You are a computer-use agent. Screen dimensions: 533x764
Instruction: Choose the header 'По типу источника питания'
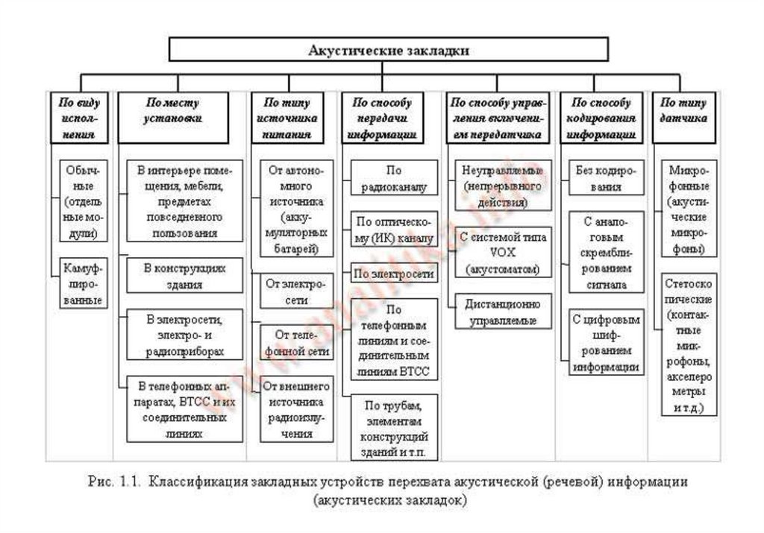click(x=287, y=118)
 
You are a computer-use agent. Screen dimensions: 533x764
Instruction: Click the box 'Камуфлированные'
click(x=82, y=283)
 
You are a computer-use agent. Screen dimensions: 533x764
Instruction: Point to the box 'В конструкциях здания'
click(x=184, y=275)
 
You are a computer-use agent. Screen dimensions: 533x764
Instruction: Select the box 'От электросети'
click(x=296, y=291)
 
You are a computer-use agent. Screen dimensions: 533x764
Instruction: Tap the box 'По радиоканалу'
click(x=393, y=179)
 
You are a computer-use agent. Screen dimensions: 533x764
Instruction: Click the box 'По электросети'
click(x=393, y=274)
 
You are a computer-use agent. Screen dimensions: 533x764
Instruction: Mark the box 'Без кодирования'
click(x=606, y=178)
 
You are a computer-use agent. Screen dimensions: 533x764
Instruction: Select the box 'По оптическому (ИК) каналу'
click(x=393, y=230)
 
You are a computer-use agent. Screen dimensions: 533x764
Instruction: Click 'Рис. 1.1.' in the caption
click(x=112, y=482)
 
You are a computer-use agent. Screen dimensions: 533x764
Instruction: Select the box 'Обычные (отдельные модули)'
click(x=82, y=201)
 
